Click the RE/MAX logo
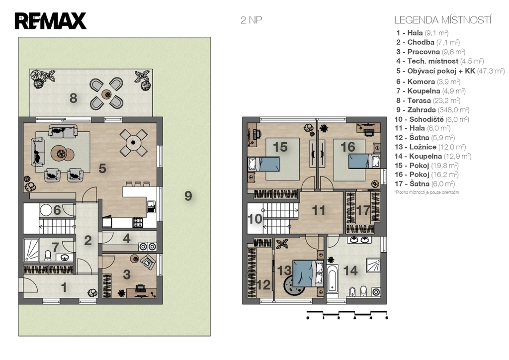pyautogui.click(x=50, y=21)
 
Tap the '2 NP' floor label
pyautogui.click(x=251, y=20)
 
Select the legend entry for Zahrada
pyautogui.click(x=432, y=110)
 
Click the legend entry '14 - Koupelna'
pyautogui.click(x=433, y=156)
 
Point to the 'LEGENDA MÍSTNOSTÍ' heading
pyautogui.click(x=442, y=20)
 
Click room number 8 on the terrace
pyautogui.click(x=74, y=98)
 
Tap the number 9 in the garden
pyautogui.click(x=188, y=196)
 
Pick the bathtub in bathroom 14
pyautogui.click(x=333, y=279)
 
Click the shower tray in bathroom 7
pyautogui.click(x=31, y=250)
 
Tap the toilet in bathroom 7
pyautogui.click(x=48, y=256)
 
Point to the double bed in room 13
pyautogui.click(x=308, y=273)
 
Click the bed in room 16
pyautogui.click(x=364, y=162)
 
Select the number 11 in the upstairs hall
pyautogui.click(x=319, y=210)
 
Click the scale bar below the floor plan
pyautogui.click(x=347, y=315)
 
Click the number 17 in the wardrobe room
pyautogui.click(x=363, y=210)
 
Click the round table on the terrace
pyautogui.click(x=106, y=94)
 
